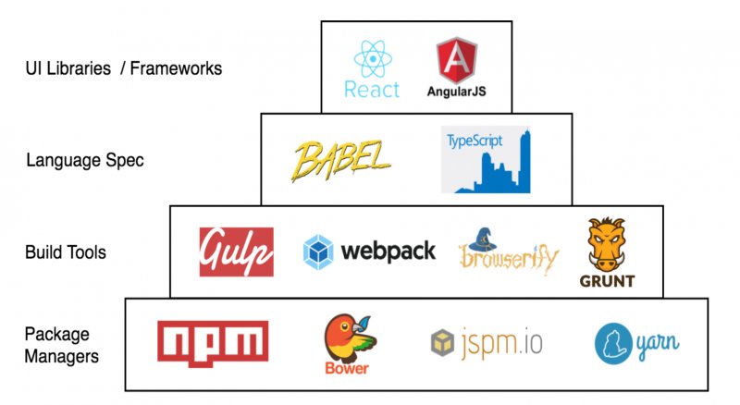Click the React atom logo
point(372,58)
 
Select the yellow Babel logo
point(339,159)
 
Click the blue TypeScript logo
point(486,159)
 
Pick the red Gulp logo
point(237,251)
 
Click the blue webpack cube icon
point(319,252)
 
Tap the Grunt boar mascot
point(606,245)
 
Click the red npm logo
point(213,343)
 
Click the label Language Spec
point(85,160)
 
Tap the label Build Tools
point(66,251)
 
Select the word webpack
point(388,251)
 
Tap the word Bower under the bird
point(346,368)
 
